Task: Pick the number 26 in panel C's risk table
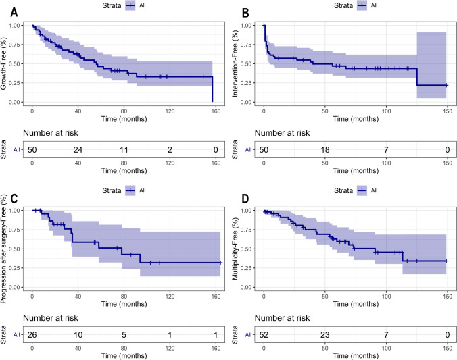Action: (32, 334)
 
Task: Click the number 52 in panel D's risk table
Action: (264, 334)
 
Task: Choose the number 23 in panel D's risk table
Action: (324, 334)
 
